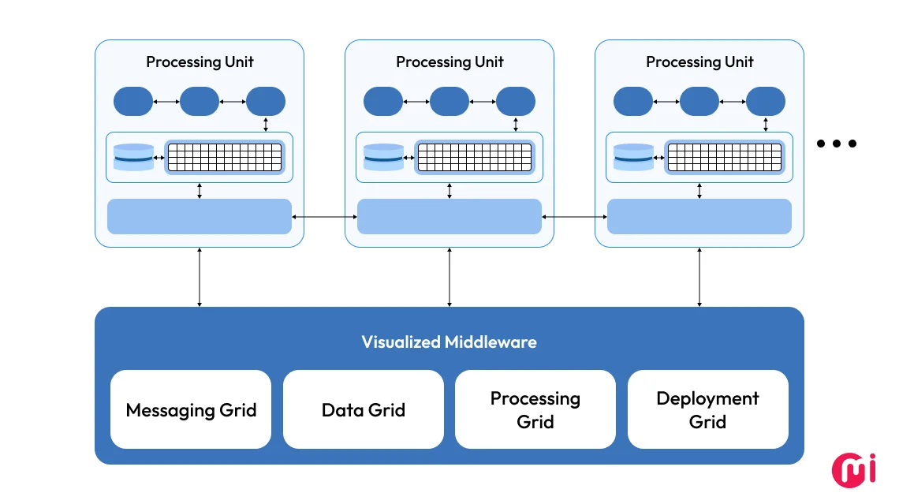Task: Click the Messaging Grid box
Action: pos(191,409)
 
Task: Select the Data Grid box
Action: pos(364,409)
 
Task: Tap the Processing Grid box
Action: pos(535,409)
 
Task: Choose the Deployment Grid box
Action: pos(707,409)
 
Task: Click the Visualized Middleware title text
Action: pos(449,342)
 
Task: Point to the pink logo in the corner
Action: pos(854,469)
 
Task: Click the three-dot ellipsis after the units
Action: pos(837,144)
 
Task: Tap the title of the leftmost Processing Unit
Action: pos(200,62)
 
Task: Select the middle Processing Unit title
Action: pos(449,62)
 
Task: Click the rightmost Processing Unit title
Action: pos(699,62)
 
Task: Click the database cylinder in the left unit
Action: pos(133,158)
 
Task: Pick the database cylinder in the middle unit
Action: pos(383,158)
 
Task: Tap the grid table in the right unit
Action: pos(724,157)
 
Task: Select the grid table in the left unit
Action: pos(224,157)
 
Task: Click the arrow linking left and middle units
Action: pos(324,216)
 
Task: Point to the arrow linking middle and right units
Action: pos(574,216)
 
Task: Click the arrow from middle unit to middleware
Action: pos(449,277)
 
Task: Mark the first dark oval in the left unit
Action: pos(133,102)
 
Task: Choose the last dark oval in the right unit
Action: pos(766,102)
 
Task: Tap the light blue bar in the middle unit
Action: pos(449,216)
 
